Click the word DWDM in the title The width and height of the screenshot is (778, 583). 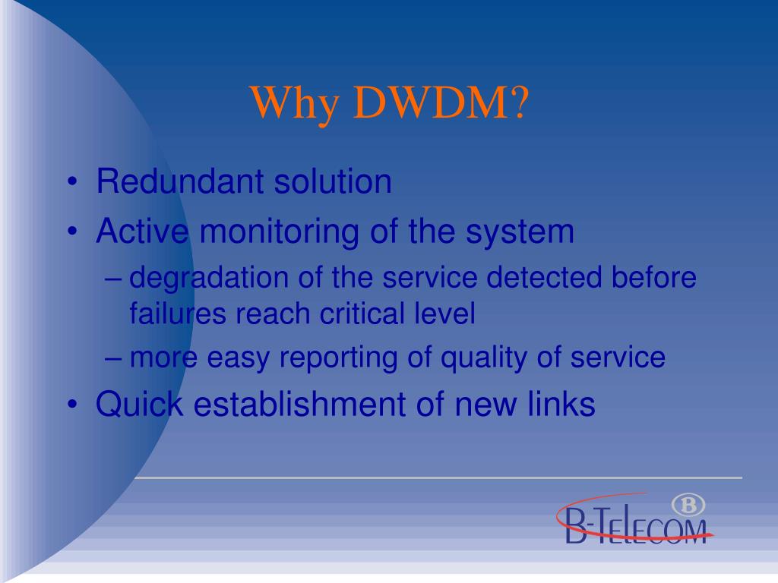click(x=439, y=103)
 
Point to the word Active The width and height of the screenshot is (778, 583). click(x=142, y=231)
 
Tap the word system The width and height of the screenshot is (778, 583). click(x=520, y=232)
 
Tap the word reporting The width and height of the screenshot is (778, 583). click(x=333, y=358)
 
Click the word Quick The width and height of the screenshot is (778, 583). click(x=140, y=405)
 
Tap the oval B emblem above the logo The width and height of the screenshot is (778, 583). click(x=688, y=505)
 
